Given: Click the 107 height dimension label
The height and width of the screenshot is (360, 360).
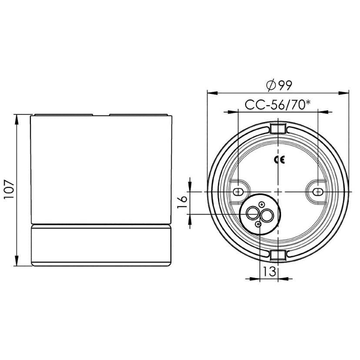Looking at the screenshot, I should [x=10, y=190].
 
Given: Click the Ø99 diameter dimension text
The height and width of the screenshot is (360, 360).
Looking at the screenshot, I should [x=278, y=85].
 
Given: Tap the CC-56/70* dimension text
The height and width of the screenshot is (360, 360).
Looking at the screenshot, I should [x=278, y=105].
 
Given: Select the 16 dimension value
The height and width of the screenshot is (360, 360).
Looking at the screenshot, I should [x=183, y=203].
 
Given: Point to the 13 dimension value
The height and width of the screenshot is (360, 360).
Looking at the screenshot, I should [x=269, y=272].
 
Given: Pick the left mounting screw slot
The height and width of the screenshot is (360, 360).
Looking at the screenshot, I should [x=238, y=192].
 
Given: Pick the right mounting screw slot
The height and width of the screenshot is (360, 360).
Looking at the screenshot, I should [x=318, y=192].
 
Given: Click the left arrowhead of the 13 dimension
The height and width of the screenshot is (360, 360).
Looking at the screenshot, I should [x=256, y=279].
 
